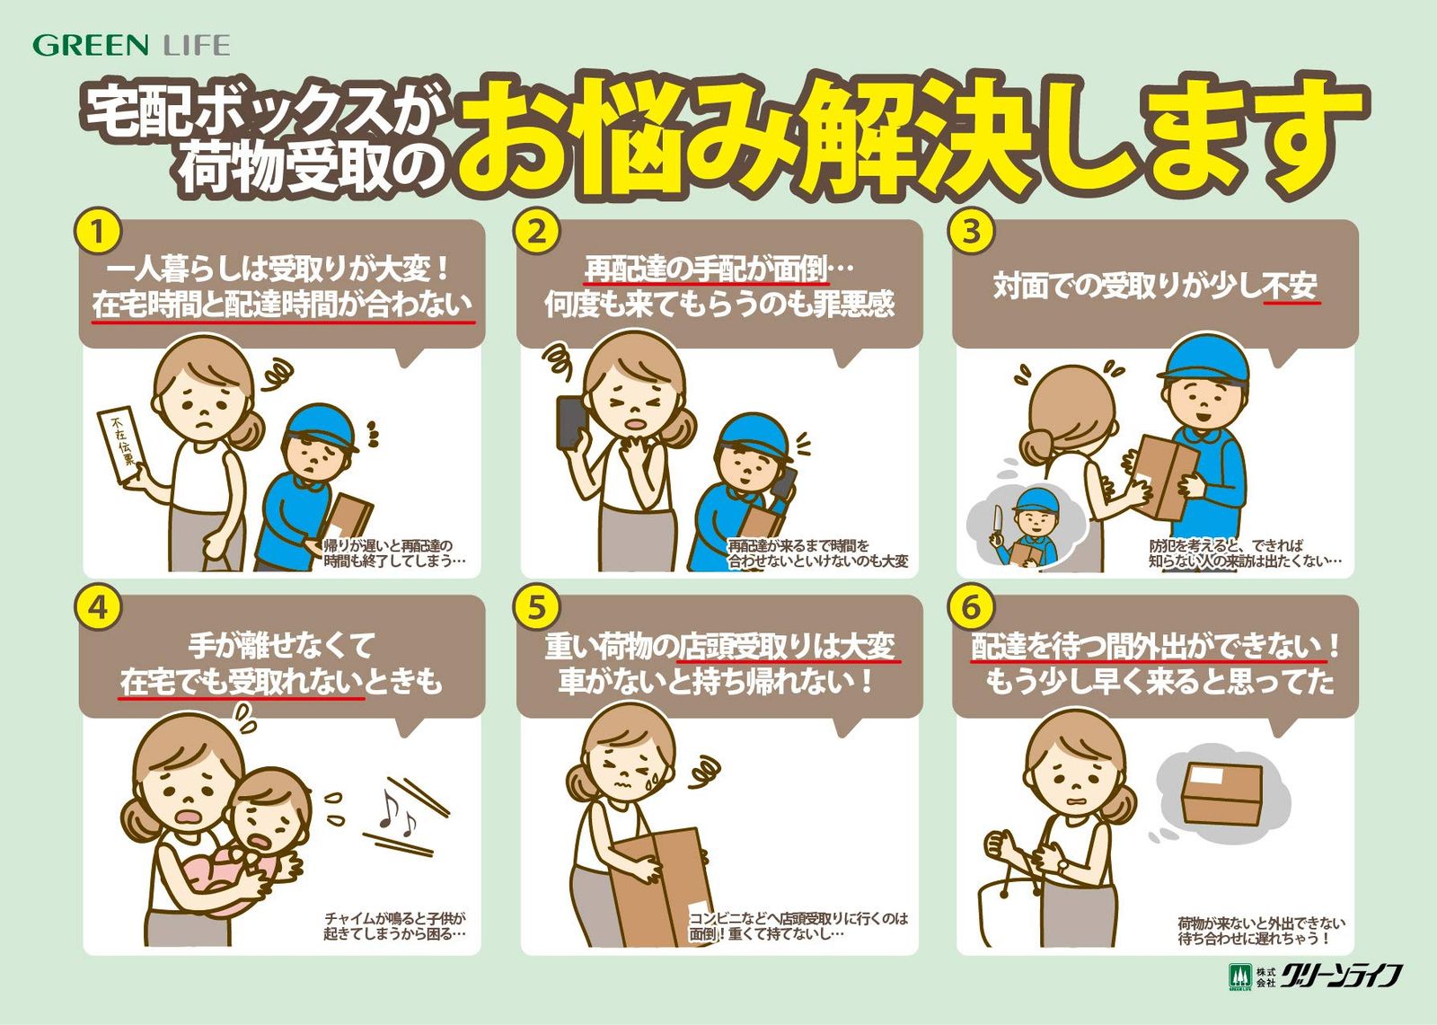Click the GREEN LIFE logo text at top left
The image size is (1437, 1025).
click(131, 46)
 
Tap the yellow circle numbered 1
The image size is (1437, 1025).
click(98, 232)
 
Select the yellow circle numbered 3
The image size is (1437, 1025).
click(972, 231)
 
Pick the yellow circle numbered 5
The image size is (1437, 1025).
click(537, 607)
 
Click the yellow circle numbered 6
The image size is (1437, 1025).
click(972, 607)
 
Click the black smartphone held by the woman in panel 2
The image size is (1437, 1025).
click(570, 422)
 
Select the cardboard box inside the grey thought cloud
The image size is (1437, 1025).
click(1221, 794)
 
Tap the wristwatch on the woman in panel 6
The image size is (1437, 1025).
click(1063, 867)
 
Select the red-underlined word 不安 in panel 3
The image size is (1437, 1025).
click(1290, 286)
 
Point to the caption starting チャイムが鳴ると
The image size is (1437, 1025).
click(394, 926)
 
